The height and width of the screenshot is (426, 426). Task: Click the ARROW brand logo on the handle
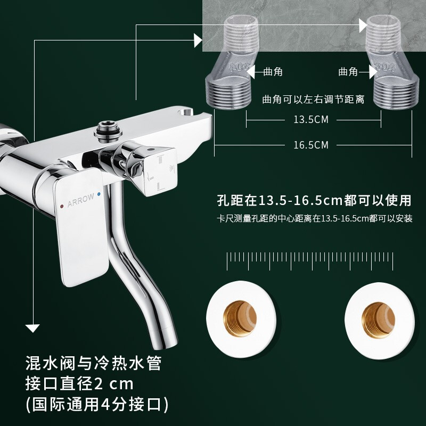[x=81, y=200]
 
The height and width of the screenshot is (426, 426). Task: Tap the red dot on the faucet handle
[x=62, y=207]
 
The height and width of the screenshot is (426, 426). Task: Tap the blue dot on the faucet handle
[x=99, y=194]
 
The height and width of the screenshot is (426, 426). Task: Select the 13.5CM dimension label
[x=311, y=119]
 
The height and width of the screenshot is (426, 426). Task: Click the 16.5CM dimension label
[x=311, y=145]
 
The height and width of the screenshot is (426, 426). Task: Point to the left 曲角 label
[x=273, y=72]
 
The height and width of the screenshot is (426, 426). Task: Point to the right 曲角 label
[x=348, y=72]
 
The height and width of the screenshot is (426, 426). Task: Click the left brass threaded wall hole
[x=240, y=318]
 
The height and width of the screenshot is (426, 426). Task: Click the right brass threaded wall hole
[x=379, y=321]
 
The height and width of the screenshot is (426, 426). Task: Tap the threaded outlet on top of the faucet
[x=108, y=132]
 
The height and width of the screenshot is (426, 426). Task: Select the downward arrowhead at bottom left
[x=32, y=328]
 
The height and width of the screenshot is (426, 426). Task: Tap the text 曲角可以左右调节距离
[x=313, y=99]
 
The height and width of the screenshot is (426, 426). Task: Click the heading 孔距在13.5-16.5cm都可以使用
[x=314, y=200]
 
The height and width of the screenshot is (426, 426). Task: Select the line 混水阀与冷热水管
[x=94, y=363]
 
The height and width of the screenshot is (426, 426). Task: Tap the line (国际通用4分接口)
[x=97, y=404]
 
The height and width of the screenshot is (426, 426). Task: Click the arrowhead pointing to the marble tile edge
[x=198, y=40]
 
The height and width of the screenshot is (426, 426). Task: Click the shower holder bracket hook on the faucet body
[x=185, y=111]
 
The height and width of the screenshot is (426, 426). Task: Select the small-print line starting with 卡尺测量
[x=315, y=219]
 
